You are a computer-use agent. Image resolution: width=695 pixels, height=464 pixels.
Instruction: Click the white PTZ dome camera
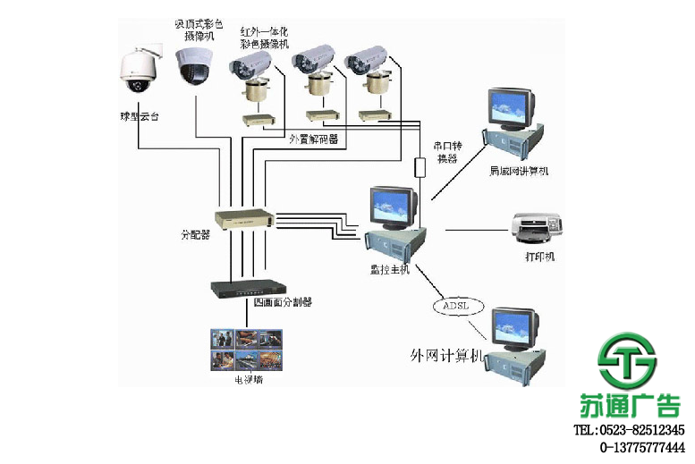[x=138, y=72]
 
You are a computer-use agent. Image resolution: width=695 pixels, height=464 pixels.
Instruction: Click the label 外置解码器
[x=313, y=139]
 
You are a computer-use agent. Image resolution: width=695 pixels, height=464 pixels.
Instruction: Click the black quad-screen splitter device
[x=244, y=288]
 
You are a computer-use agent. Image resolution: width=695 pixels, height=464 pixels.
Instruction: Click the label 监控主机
[x=390, y=269]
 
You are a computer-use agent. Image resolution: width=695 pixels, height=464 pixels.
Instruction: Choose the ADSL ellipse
[x=462, y=306]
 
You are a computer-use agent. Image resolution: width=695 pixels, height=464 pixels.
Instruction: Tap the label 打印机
[x=539, y=257]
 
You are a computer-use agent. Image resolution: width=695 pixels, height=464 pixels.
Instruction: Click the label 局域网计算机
[x=519, y=170]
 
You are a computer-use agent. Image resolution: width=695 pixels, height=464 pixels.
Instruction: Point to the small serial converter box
[x=419, y=167]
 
